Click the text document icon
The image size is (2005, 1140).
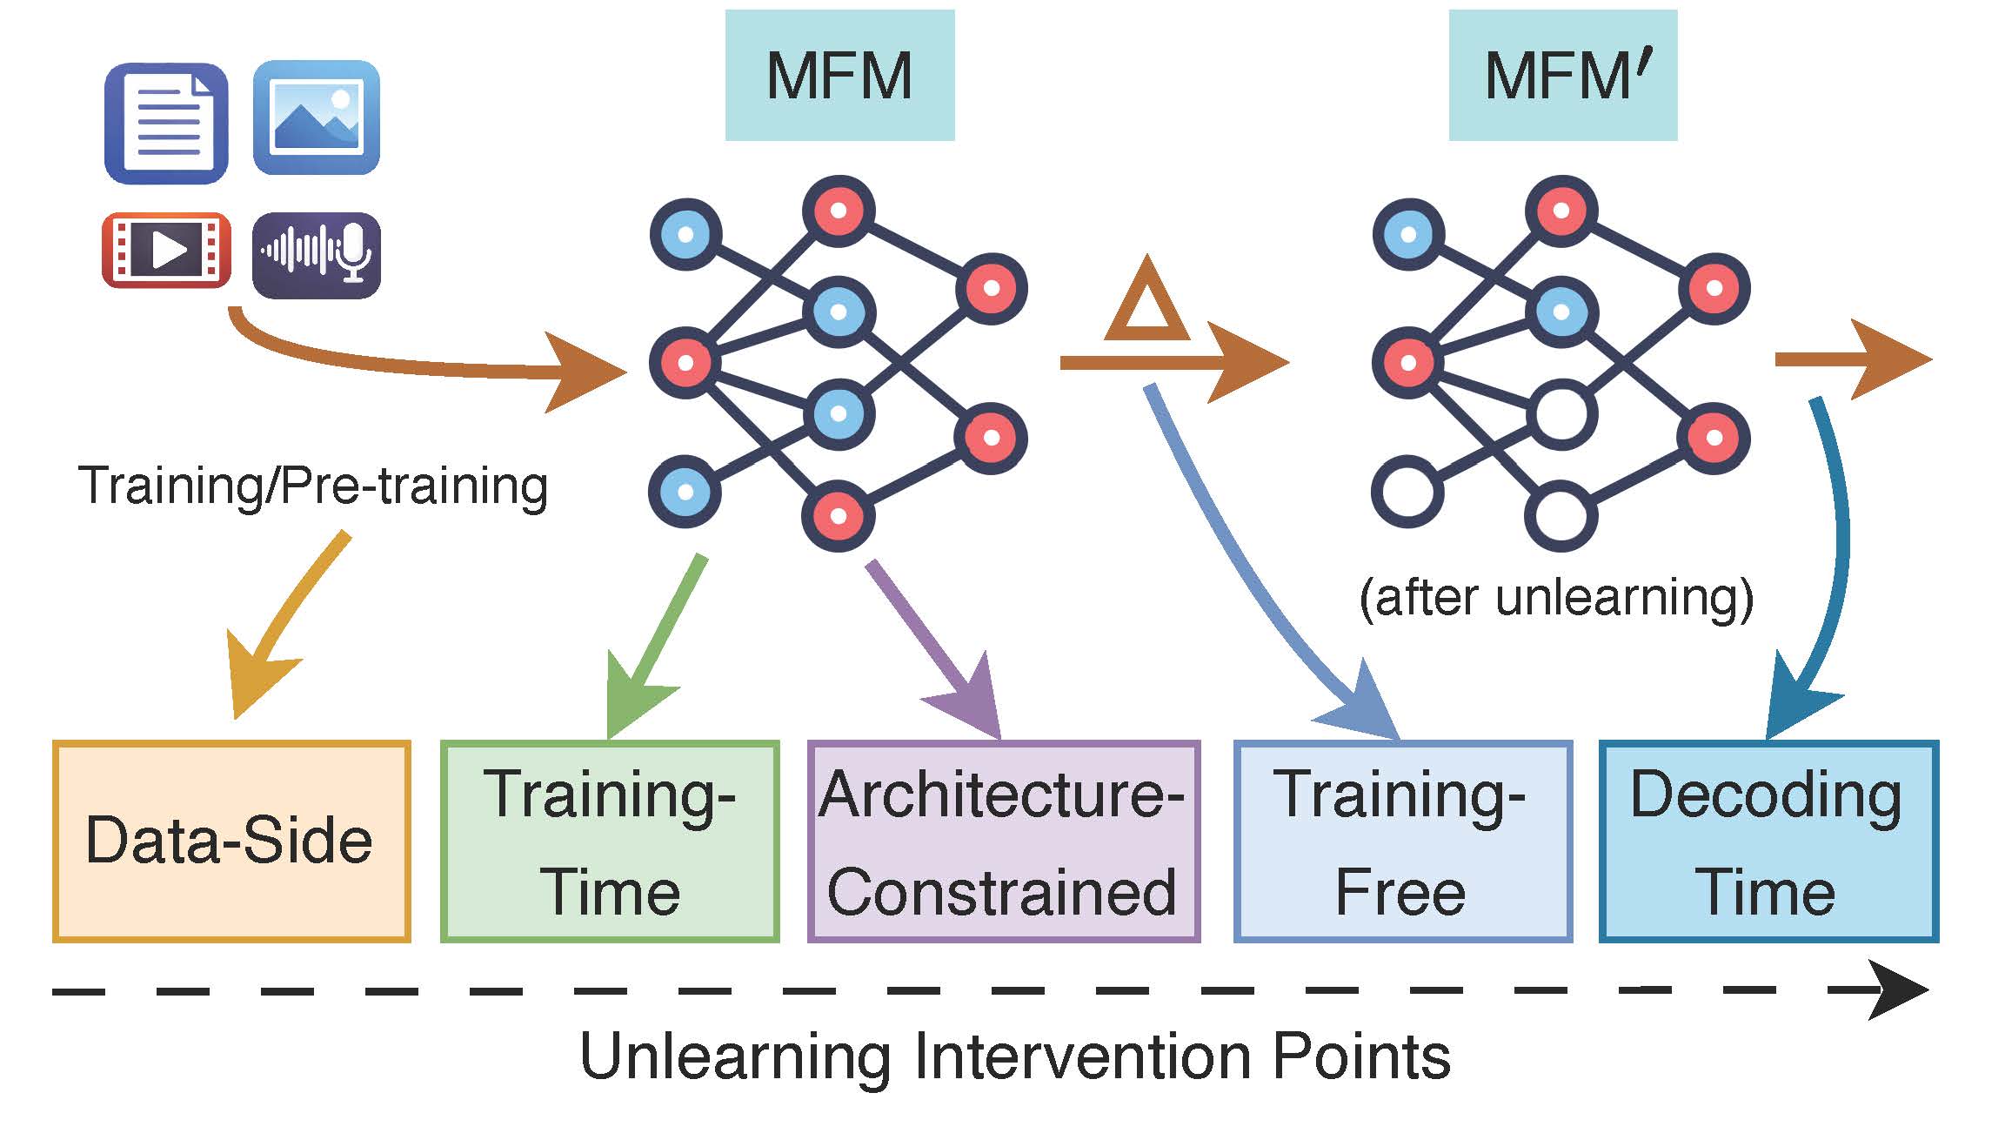coord(166,123)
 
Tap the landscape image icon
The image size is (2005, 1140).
coord(317,117)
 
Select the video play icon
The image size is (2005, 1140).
coord(166,250)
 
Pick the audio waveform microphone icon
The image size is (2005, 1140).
coord(317,254)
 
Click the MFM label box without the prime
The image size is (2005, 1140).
coord(839,76)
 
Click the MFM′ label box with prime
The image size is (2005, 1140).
coord(1562,76)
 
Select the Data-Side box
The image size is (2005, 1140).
coord(231,841)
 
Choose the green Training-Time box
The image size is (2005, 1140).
coord(610,842)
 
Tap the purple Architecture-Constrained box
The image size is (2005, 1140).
coord(1004,842)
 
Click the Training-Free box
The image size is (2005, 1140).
coord(1403,842)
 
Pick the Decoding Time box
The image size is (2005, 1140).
coord(1768,842)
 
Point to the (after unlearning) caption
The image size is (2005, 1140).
coord(1556,598)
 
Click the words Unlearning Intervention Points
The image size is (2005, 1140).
coord(1014,1056)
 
